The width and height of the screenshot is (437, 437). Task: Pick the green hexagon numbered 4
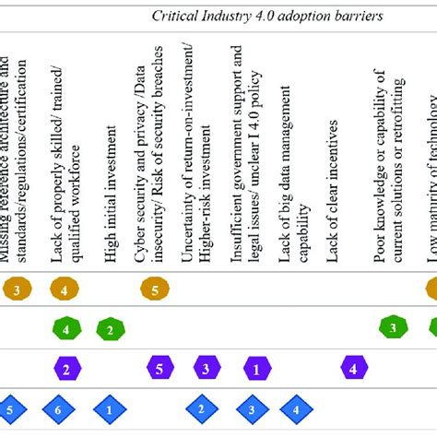(66, 328)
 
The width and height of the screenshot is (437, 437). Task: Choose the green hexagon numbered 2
(110, 329)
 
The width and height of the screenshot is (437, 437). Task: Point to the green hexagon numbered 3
(393, 328)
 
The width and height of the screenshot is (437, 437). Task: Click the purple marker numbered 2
(66, 369)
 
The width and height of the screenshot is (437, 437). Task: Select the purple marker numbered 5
(160, 369)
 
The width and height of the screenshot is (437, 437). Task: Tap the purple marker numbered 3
(207, 369)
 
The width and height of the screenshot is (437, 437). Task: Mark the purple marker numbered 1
(255, 369)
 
